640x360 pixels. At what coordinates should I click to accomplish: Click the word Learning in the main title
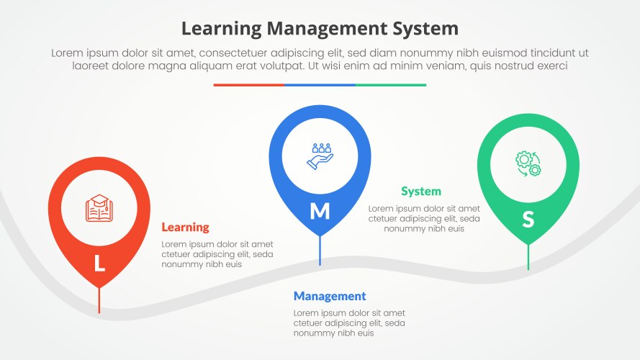[x=222, y=29]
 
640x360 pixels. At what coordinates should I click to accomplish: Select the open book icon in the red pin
[x=99, y=209]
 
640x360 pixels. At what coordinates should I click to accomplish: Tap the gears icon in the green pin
[x=528, y=163]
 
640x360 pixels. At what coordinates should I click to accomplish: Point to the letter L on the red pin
[x=99, y=264]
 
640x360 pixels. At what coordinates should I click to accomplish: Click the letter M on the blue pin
[x=320, y=212]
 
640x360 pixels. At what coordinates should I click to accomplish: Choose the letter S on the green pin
[x=528, y=220]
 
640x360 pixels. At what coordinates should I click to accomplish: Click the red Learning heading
[x=185, y=228]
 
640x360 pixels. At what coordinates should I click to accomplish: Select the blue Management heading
[x=330, y=297]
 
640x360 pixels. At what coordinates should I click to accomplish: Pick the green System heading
[x=421, y=192]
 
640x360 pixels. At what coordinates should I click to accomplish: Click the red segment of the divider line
[x=248, y=85]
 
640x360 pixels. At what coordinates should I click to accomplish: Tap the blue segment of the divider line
[x=320, y=85]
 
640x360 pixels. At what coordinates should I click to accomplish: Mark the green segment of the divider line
[x=391, y=85]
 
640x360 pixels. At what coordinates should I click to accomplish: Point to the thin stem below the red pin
[x=99, y=300]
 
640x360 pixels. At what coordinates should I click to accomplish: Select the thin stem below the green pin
[x=528, y=257]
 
